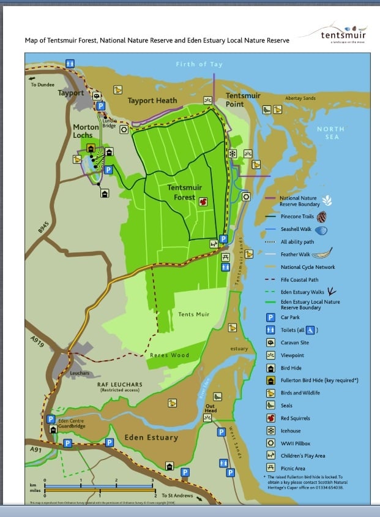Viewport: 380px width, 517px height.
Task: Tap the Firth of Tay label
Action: click(x=199, y=64)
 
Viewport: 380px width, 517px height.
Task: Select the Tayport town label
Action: click(x=70, y=93)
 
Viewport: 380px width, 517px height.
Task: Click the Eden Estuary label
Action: click(x=151, y=437)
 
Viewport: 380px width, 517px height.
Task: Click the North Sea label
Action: click(x=330, y=133)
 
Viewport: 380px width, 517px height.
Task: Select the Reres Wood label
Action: click(x=170, y=355)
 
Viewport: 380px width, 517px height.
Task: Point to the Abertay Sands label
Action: click(x=300, y=98)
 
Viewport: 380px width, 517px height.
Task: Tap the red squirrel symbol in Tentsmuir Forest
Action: click(x=203, y=201)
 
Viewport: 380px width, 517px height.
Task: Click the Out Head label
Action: click(x=210, y=408)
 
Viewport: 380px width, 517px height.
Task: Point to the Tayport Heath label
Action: click(x=152, y=100)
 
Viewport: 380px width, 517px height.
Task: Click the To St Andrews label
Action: click(x=177, y=495)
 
